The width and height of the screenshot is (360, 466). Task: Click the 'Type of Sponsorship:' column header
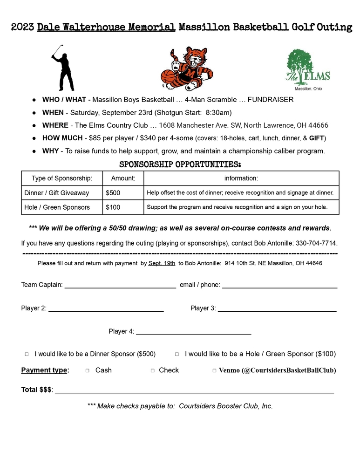click(62, 178)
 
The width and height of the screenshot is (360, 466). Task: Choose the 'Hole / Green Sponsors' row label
click(57, 207)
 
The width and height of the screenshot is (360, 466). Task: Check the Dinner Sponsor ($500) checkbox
click(27, 354)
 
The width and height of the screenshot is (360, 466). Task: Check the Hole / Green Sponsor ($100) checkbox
click(177, 354)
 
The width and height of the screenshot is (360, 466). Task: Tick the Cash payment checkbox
click(88, 370)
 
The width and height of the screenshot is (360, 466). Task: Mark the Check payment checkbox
click(152, 370)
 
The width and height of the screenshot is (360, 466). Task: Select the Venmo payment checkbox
click(214, 370)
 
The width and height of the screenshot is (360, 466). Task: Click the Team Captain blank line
click(120, 286)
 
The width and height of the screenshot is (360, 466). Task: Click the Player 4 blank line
click(193, 332)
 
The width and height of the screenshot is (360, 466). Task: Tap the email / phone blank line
click(279, 286)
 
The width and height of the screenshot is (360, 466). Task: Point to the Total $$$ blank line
click(194, 391)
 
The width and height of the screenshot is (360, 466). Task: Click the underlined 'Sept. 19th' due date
click(162, 263)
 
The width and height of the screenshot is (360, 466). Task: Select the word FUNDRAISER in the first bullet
click(270, 100)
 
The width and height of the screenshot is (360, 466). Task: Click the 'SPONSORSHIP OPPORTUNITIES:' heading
click(180, 164)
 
